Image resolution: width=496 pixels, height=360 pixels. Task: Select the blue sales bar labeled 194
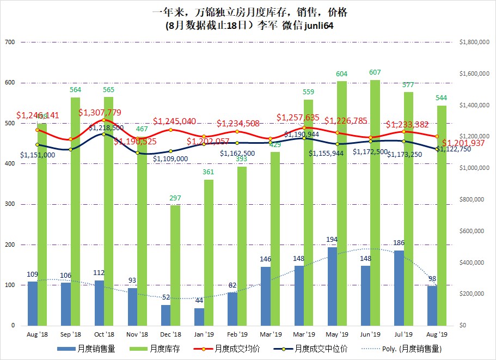click(332, 286)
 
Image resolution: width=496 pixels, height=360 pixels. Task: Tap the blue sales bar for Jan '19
click(199, 316)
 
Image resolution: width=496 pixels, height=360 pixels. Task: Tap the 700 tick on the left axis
click(9, 42)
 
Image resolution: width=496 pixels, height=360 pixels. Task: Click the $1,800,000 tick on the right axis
click(475, 42)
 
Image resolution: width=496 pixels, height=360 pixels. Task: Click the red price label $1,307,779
click(100, 112)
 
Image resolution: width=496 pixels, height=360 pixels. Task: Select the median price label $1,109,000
click(170, 158)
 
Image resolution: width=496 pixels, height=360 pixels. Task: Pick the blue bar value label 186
click(399, 242)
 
